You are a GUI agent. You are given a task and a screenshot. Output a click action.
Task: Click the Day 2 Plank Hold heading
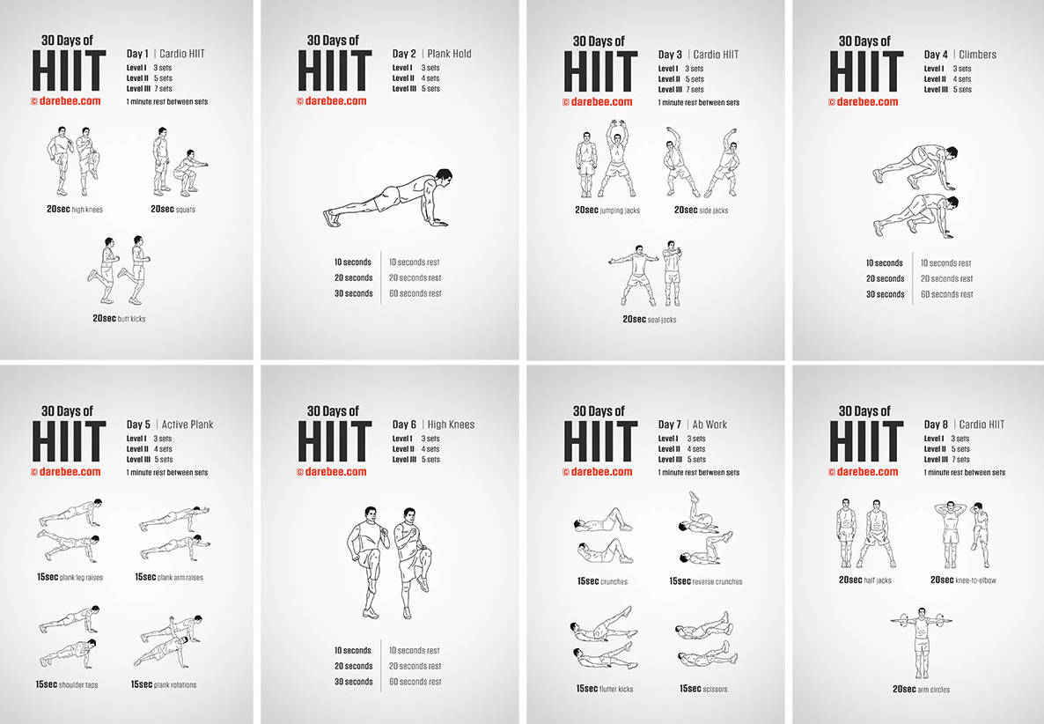coord(431,53)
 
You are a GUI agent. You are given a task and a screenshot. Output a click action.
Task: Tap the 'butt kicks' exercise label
coord(119,318)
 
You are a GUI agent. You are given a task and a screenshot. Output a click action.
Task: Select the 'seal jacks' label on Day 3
coord(649,319)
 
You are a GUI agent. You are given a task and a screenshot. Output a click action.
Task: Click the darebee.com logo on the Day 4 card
coord(863,102)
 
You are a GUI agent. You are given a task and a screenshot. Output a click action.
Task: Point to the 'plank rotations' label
coord(164,684)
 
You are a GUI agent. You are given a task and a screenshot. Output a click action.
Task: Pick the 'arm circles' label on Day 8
coord(922,689)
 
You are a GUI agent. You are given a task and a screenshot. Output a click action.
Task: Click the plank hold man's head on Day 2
coord(442,178)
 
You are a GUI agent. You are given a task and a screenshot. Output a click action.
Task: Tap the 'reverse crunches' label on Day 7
coord(706,581)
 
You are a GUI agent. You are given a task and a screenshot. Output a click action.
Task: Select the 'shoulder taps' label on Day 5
coord(67,684)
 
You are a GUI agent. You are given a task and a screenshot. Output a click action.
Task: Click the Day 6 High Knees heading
coord(433,425)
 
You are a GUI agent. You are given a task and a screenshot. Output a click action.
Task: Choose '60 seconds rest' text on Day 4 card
coord(947,294)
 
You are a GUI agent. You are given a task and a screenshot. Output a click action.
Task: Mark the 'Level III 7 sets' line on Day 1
coord(149,89)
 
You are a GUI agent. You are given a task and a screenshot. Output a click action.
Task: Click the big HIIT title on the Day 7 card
coord(600,441)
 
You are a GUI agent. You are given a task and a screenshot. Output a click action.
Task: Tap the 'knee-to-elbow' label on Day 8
coord(963,580)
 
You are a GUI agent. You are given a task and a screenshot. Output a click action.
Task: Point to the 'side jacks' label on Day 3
coord(701,210)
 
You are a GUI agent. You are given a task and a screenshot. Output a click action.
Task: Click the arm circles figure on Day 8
coord(922,643)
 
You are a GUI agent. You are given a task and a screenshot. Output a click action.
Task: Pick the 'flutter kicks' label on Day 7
coord(605,689)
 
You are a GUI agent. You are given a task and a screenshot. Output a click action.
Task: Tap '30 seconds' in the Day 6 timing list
coord(353,682)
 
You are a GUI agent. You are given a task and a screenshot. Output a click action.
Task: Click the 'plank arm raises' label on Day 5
coord(169,577)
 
